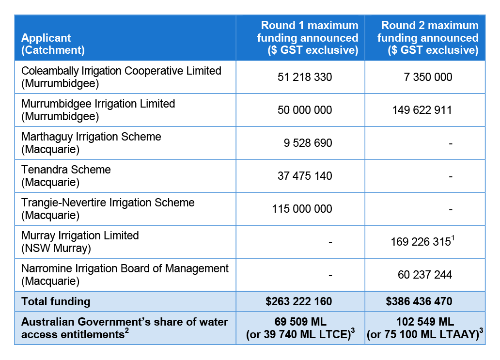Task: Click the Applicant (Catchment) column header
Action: click(x=53, y=44)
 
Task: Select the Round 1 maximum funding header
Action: click(x=308, y=38)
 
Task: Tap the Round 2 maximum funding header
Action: click(x=428, y=38)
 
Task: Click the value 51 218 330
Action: click(x=305, y=77)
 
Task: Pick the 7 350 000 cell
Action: click(x=428, y=77)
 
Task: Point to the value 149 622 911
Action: click(x=422, y=110)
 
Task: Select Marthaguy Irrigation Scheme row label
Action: click(x=91, y=143)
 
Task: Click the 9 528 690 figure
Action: click(x=308, y=143)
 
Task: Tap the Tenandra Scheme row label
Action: click(x=66, y=176)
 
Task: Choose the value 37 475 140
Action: click(x=305, y=176)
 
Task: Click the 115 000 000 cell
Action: click(x=302, y=209)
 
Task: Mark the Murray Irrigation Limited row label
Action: click(x=80, y=242)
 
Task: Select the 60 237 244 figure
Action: click(x=425, y=275)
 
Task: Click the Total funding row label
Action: click(x=56, y=302)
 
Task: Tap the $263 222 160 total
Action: click(x=299, y=301)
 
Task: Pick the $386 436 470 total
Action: click(x=419, y=301)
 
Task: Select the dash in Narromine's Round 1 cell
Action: click(x=330, y=276)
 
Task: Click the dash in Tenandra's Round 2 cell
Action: click(x=451, y=177)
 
